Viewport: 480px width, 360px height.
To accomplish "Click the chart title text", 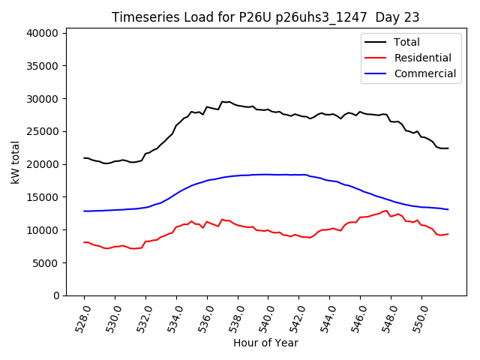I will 265,17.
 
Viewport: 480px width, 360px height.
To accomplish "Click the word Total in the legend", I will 406,42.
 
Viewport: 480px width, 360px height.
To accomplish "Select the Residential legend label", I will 422,58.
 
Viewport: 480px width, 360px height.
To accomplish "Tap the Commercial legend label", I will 424,73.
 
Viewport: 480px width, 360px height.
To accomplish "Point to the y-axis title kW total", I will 16,162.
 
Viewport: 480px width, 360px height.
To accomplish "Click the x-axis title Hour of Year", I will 265,343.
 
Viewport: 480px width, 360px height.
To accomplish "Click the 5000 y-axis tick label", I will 46,262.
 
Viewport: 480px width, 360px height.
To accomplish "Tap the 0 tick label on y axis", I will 56,295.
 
